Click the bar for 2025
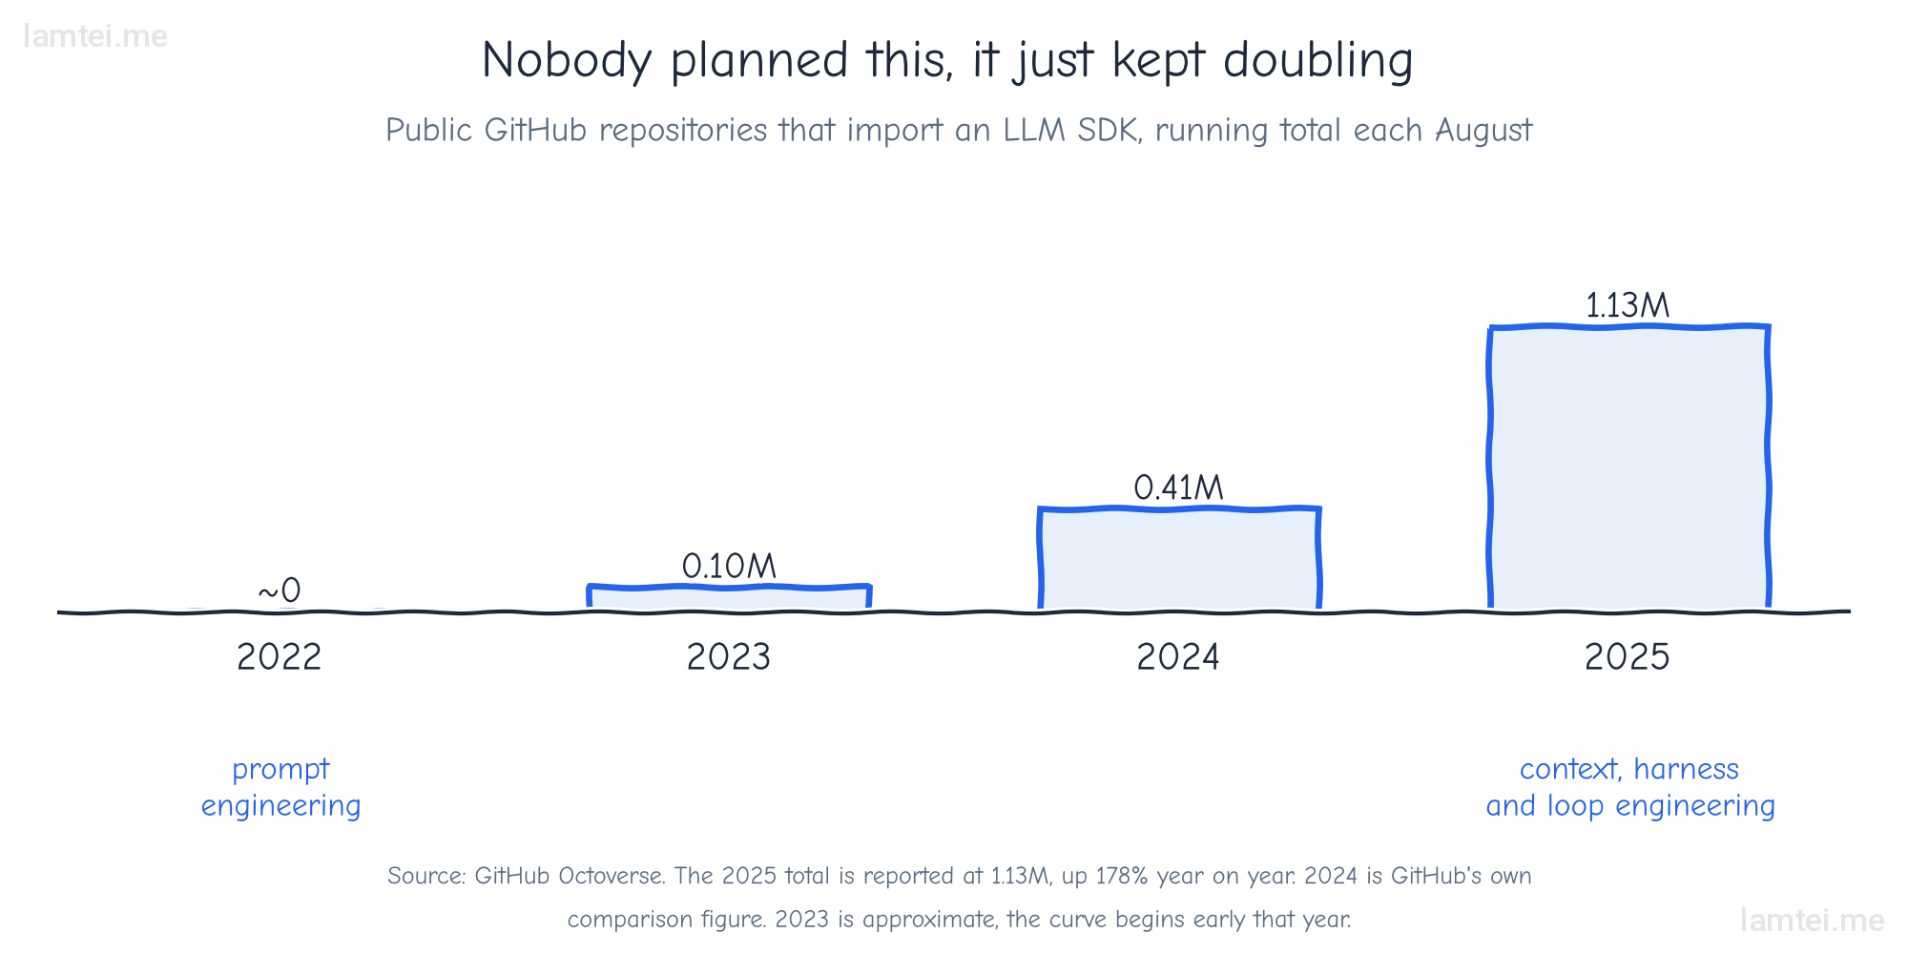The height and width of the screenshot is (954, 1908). tap(1628, 467)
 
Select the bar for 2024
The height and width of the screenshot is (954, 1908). tap(1179, 558)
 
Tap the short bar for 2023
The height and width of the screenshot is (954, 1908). tap(729, 596)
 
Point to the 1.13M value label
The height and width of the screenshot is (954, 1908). tap(1628, 305)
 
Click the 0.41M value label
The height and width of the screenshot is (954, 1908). tap(1178, 487)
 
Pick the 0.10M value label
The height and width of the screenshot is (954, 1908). tap(729, 566)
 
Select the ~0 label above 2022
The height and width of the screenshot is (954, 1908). tap(279, 591)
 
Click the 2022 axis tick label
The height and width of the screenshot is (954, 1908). tap(279, 657)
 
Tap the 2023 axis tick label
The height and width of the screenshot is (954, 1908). tap(729, 657)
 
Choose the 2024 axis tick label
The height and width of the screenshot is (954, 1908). tap(1178, 657)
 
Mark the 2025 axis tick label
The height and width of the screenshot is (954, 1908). tap(1628, 657)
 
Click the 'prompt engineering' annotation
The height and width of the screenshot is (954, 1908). tap(280, 788)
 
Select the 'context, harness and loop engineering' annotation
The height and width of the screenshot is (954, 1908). tap(1630, 788)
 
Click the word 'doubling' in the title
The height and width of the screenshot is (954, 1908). tap(1317, 60)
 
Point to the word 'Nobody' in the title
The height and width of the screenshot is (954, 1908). tap(567, 60)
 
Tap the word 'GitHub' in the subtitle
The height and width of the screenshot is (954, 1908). tap(535, 130)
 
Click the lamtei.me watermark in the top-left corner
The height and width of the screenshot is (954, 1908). tap(94, 36)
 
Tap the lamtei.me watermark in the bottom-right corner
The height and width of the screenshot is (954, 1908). tap(1812, 920)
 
